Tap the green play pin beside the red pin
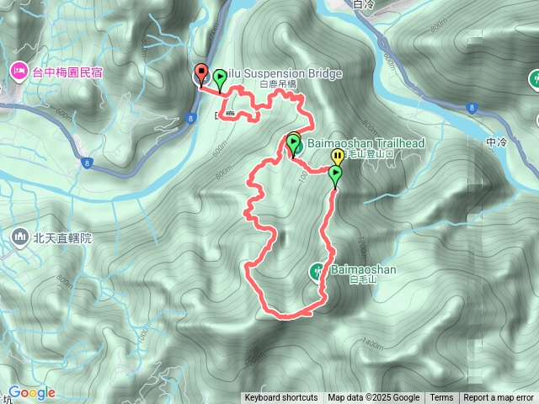220,78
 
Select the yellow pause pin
337,157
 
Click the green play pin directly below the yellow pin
335,175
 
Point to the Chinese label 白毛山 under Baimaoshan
360,280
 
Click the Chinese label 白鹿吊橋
280,85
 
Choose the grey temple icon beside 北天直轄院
19,238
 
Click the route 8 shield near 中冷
473,107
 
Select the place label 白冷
364,4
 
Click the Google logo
32,392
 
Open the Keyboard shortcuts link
281,398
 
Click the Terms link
441,398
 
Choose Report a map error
499,398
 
